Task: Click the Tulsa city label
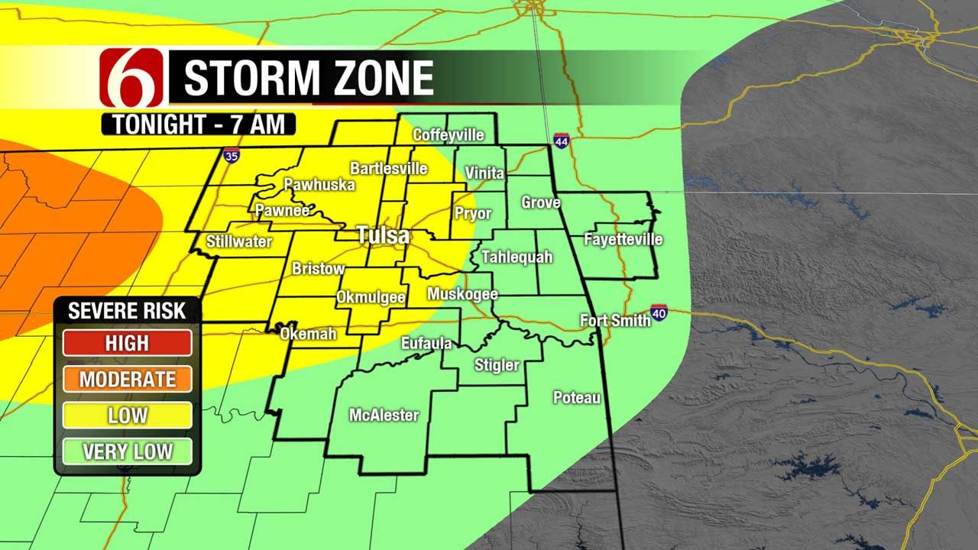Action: coord(384,235)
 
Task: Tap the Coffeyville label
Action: coord(449,135)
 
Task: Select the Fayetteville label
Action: coord(623,239)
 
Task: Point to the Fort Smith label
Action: coord(615,320)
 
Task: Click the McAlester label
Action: coord(384,416)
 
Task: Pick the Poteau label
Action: coord(577,398)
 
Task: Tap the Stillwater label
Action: coord(239,241)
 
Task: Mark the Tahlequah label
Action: coord(517,257)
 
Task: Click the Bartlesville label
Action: coord(388,168)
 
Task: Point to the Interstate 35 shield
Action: coord(232,156)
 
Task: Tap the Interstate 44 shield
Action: coord(562,141)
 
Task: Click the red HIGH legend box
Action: coord(128,343)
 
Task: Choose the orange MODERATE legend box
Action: coord(128,379)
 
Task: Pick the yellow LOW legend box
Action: coord(128,416)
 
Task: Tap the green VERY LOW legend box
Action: coord(128,451)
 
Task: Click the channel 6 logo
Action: coord(131,76)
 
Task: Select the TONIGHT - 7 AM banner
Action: coord(199,124)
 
